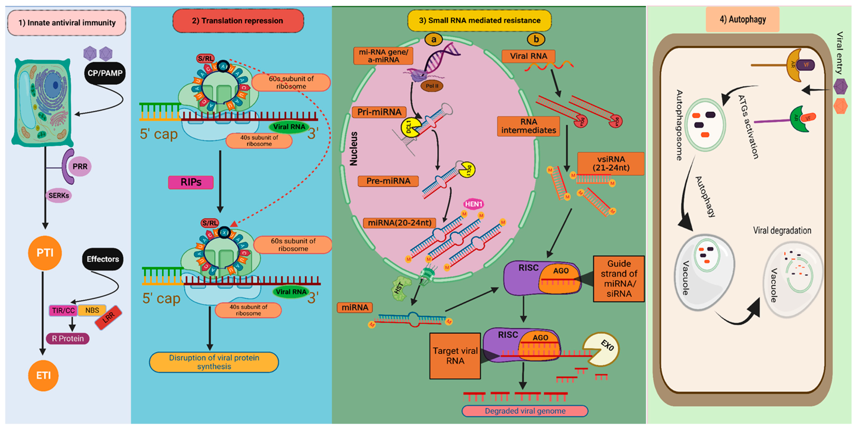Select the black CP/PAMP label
[105, 73]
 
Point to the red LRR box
[108, 317]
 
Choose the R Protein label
[68, 338]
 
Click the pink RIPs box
[191, 182]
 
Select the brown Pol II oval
[432, 86]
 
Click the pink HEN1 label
[473, 204]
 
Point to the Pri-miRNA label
[379, 112]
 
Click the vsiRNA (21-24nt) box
[611, 163]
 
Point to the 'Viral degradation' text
[782, 230]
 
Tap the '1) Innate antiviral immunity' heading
[67, 23]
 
